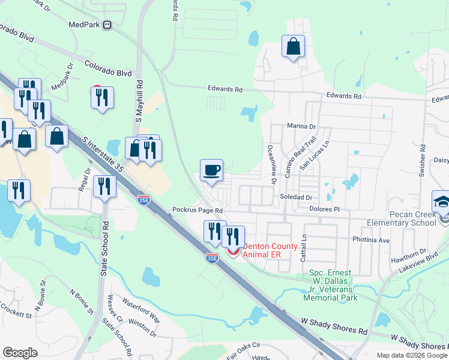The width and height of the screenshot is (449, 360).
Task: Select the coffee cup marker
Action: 211,171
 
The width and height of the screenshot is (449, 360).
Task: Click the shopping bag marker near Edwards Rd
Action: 293,46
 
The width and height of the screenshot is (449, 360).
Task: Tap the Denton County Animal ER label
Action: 270,250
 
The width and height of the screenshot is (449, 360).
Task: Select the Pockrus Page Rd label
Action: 197,211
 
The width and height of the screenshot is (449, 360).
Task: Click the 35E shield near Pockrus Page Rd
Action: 143,198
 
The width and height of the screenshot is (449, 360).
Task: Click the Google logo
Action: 20,352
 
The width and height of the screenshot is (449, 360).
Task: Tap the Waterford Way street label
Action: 141,303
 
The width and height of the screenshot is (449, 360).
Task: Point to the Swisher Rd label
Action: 423,153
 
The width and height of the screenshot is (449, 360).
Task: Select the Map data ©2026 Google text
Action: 412,355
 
